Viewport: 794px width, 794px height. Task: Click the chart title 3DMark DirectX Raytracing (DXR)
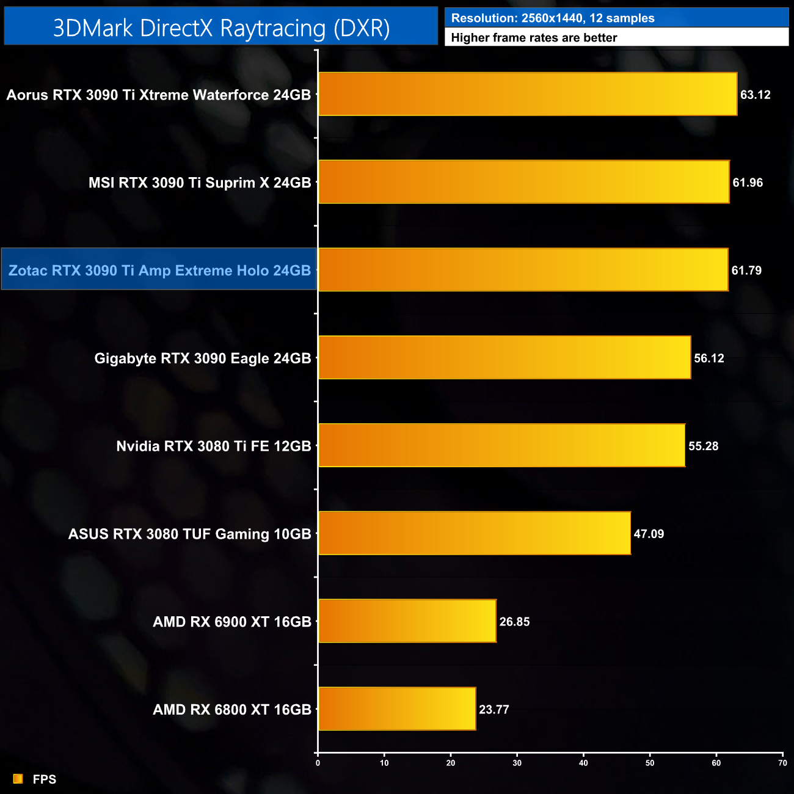click(x=221, y=28)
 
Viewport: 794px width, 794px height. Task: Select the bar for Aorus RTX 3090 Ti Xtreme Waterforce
click(x=528, y=94)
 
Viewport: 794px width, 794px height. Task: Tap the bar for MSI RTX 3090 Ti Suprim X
click(x=523, y=182)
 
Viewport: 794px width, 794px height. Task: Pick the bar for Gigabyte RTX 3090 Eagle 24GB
click(x=504, y=358)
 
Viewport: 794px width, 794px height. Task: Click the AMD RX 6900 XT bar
click(x=407, y=621)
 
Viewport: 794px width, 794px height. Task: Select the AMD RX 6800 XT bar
click(x=397, y=709)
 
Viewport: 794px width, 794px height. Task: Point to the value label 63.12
click(x=755, y=95)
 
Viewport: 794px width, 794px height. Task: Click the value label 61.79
click(x=746, y=271)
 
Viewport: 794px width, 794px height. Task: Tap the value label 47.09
click(x=649, y=534)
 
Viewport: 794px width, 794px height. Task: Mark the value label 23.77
click(x=494, y=710)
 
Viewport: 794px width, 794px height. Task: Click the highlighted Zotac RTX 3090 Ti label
click(x=159, y=271)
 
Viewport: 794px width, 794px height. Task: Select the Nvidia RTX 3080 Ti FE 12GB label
click(x=214, y=446)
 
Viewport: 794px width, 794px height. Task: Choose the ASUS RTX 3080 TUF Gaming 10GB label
click(x=190, y=534)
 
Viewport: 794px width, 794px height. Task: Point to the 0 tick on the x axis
click(x=318, y=763)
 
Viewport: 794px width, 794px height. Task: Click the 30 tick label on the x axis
click(x=517, y=763)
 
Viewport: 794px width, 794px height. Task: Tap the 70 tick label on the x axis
click(x=782, y=763)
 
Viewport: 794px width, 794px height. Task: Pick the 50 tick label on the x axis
click(x=650, y=763)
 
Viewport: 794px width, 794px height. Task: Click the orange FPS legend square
click(x=18, y=779)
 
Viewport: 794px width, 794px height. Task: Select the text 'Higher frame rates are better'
click(x=534, y=38)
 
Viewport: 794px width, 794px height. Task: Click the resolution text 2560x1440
click(x=552, y=18)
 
